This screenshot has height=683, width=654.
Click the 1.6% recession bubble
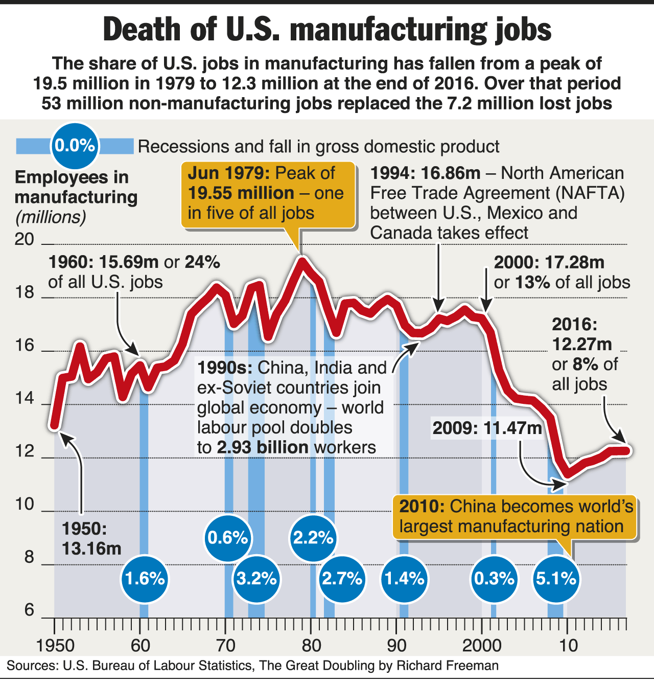(x=145, y=579)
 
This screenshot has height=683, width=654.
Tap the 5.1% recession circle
(x=556, y=579)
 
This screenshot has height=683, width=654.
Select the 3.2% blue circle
(x=256, y=579)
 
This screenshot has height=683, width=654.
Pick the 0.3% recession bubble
(x=494, y=579)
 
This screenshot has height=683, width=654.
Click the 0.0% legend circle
(x=75, y=146)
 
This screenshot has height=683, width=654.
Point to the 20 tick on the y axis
(x=24, y=239)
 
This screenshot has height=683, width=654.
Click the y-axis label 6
(x=29, y=610)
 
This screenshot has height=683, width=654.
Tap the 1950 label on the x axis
(x=56, y=645)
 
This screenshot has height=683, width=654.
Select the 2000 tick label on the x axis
(x=482, y=645)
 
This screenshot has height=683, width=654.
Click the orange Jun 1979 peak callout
(x=268, y=193)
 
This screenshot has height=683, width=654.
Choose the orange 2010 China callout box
(x=515, y=516)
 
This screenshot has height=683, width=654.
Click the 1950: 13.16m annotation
(x=91, y=539)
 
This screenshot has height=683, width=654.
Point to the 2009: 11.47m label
(x=487, y=428)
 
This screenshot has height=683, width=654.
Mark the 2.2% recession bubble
(x=313, y=538)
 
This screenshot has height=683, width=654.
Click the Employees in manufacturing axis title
(x=76, y=187)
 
